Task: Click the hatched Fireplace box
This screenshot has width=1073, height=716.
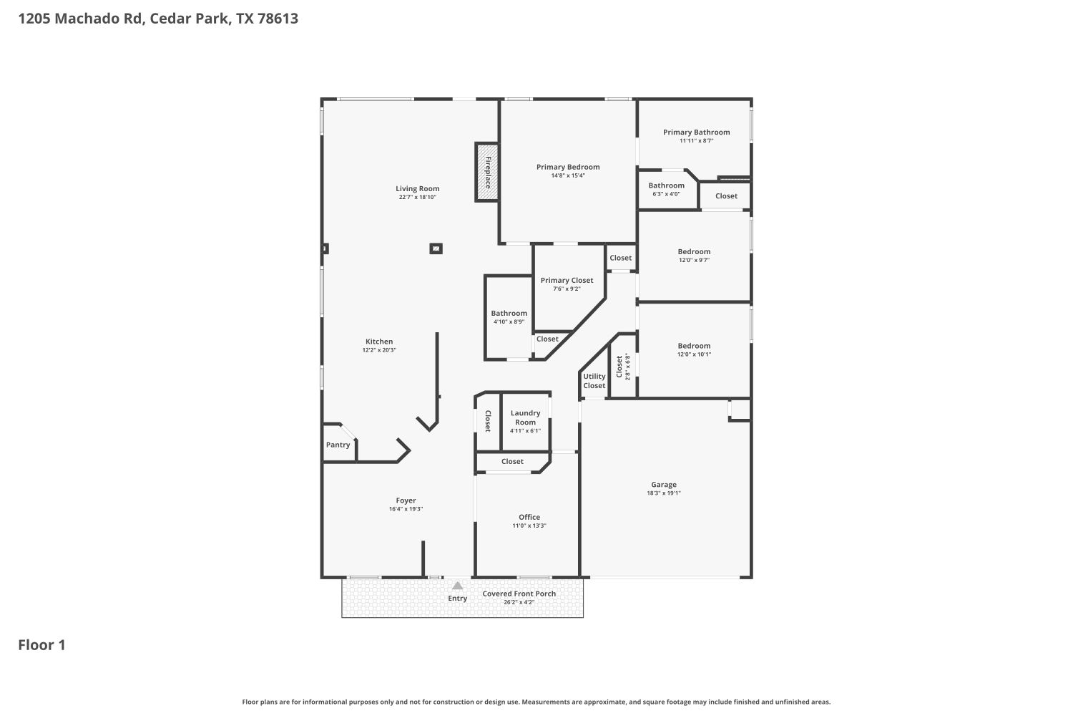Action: (487, 172)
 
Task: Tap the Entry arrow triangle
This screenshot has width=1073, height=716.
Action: (457, 586)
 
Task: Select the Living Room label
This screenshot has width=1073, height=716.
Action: (417, 189)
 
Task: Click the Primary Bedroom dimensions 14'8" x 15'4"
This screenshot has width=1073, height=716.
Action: (568, 175)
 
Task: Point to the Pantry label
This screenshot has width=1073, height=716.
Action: (338, 445)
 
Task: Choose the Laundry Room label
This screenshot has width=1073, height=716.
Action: (525, 417)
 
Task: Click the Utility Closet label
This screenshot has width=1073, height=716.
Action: (594, 381)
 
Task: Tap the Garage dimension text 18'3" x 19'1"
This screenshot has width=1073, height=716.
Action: (664, 493)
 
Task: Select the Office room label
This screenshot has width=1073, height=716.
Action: (529, 517)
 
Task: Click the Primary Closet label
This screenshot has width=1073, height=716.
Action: (567, 281)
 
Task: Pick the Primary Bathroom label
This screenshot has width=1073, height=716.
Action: (696, 132)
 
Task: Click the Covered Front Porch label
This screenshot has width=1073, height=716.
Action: (519, 594)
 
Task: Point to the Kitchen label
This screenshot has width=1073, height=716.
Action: (379, 342)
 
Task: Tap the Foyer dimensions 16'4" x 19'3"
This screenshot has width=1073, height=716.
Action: (406, 509)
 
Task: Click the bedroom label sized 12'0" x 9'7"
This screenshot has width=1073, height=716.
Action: (694, 251)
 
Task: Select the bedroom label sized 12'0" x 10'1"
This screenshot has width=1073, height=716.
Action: (694, 346)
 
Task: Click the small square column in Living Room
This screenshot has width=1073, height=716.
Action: (436, 248)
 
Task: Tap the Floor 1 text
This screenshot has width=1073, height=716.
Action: (41, 645)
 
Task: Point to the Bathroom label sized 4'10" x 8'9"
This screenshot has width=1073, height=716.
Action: (509, 313)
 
